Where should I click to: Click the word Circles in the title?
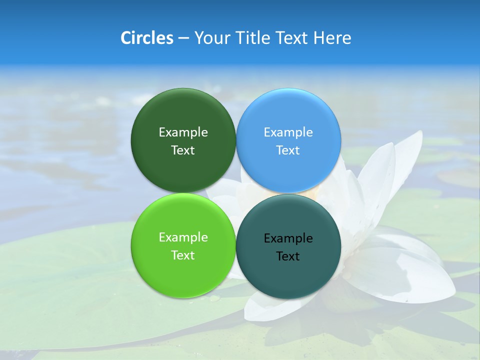tap(147, 37)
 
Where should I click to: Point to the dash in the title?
tap(183, 38)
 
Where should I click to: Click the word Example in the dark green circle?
tap(183, 132)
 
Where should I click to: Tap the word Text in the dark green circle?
tap(183, 150)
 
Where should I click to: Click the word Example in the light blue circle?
tap(288, 132)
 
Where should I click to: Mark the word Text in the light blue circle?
tap(288, 150)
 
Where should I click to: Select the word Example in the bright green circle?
tap(183, 237)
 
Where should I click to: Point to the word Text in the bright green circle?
tap(183, 255)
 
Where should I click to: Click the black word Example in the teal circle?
tap(288, 238)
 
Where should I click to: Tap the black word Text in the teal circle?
tap(288, 256)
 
